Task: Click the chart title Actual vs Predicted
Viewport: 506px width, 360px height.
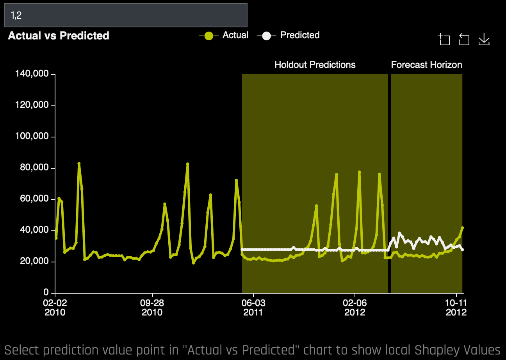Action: point(59,36)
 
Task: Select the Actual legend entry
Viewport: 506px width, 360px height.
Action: point(224,36)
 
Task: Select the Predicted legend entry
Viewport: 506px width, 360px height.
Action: point(289,36)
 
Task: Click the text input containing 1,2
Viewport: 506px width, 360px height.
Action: point(125,16)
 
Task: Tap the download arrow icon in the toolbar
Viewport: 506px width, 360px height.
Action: point(484,39)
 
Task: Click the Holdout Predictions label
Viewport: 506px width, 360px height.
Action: point(315,65)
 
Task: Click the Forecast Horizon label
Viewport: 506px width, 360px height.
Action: point(426,65)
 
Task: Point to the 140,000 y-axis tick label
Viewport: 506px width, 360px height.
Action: point(32,74)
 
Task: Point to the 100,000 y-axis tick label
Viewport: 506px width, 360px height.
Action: point(32,137)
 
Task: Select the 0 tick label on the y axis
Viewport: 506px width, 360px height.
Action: point(46,292)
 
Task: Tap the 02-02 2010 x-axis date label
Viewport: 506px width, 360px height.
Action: point(55,308)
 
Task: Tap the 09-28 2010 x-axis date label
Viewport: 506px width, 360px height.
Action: point(152,308)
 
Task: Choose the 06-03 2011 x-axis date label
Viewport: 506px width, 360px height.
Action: point(253,308)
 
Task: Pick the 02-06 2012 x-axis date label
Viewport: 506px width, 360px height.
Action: point(355,308)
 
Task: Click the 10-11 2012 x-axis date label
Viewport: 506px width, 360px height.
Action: point(456,308)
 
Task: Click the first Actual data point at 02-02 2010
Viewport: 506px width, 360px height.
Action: point(56,238)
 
